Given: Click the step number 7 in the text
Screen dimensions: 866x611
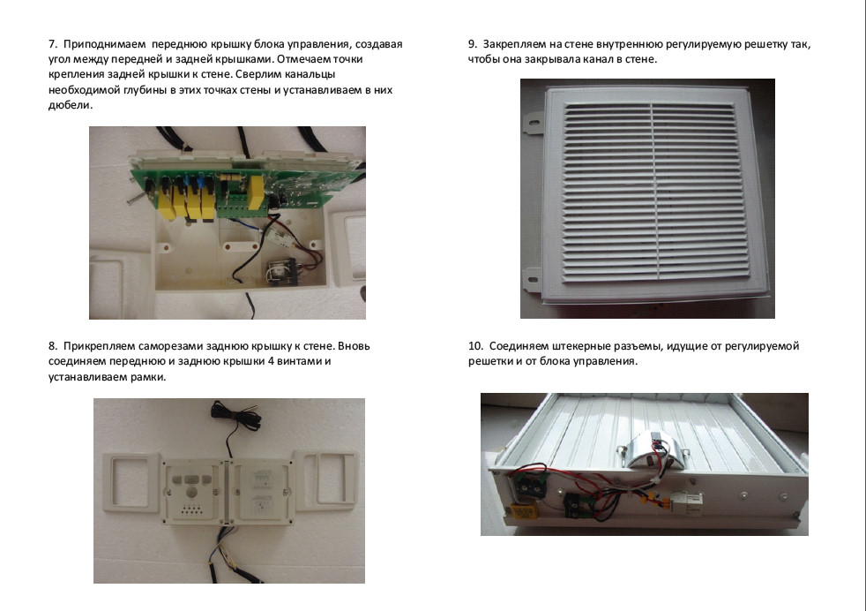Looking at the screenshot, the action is [52, 44].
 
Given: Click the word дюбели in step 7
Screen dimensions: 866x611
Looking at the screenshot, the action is [69, 105].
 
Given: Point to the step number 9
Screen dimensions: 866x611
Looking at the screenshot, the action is [472, 44].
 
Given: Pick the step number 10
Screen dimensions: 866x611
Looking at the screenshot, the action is [475, 346].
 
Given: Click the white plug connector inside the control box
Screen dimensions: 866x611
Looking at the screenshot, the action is [282, 238].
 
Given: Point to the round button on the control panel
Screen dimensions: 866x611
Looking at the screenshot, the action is [191, 492].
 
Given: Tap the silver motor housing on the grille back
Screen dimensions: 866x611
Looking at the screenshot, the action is [653, 447].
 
